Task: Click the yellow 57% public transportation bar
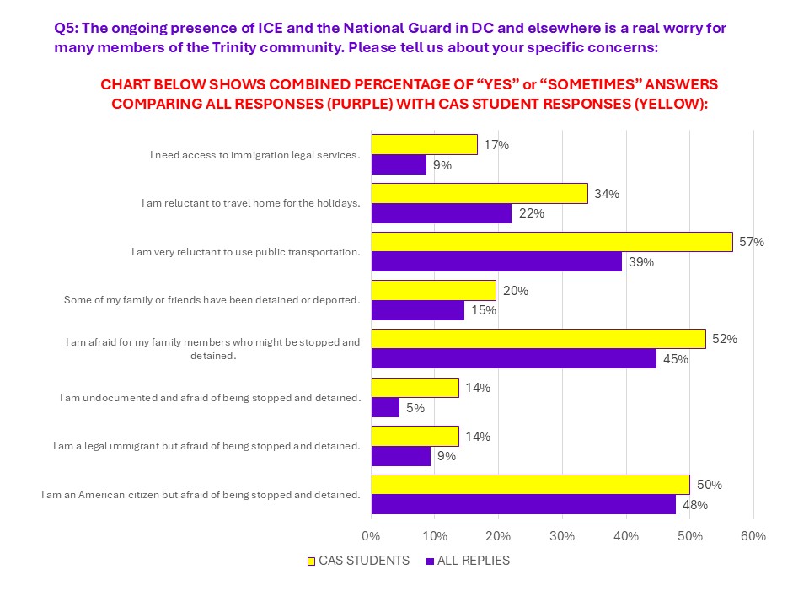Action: click(x=552, y=242)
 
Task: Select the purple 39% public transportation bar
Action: click(x=496, y=262)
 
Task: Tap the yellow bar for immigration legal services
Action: click(x=424, y=144)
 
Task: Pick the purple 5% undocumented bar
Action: click(x=385, y=408)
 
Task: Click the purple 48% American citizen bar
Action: click(x=523, y=505)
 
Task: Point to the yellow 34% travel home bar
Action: click(x=479, y=193)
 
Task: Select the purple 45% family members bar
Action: click(x=513, y=359)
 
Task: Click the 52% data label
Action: click(x=725, y=339)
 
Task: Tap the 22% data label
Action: click(x=531, y=213)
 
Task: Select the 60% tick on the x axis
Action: click(x=753, y=537)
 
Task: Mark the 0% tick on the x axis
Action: click(x=371, y=537)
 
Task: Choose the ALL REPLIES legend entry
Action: click(x=469, y=560)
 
